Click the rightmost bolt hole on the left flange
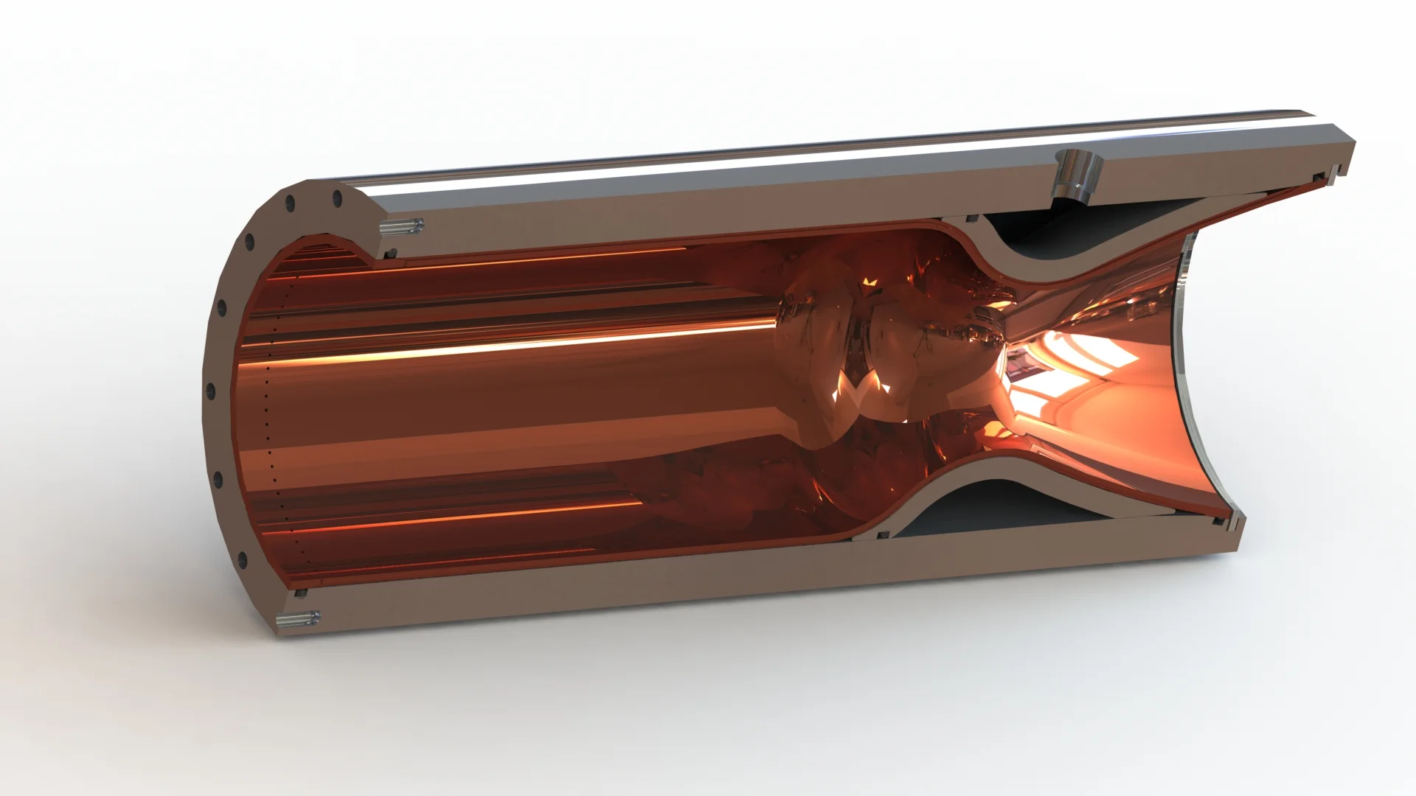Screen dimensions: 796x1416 [x=337, y=197]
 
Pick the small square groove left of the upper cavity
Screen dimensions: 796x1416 [x=971, y=218]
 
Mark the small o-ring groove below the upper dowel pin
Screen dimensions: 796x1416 [x=391, y=253]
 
